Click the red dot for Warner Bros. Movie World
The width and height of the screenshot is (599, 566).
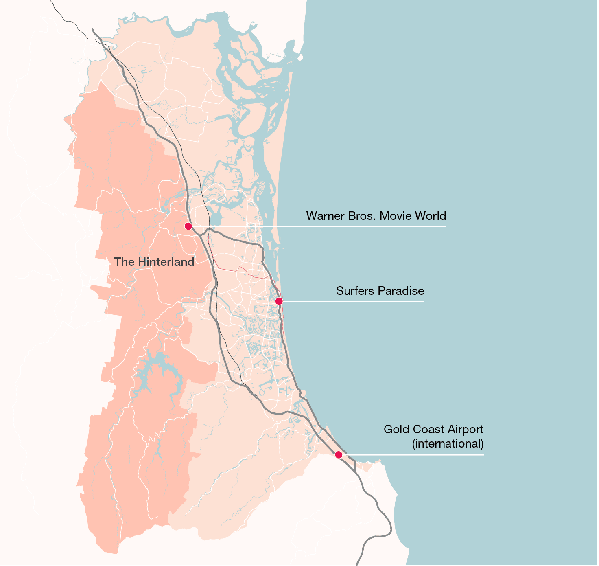pyautogui.click(x=188, y=226)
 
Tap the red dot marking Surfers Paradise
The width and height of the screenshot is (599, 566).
pyautogui.click(x=279, y=301)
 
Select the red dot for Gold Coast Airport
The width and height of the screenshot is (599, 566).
pyautogui.click(x=338, y=455)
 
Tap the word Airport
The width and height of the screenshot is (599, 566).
pyautogui.click(x=466, y=429)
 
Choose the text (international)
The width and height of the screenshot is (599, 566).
pyautogui.click(x=448, y=443)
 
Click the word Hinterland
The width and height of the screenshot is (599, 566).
pyautogui.click(x=166, y=262)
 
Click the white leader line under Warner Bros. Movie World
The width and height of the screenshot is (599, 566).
pyautogui.click(x=326, y=226)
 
